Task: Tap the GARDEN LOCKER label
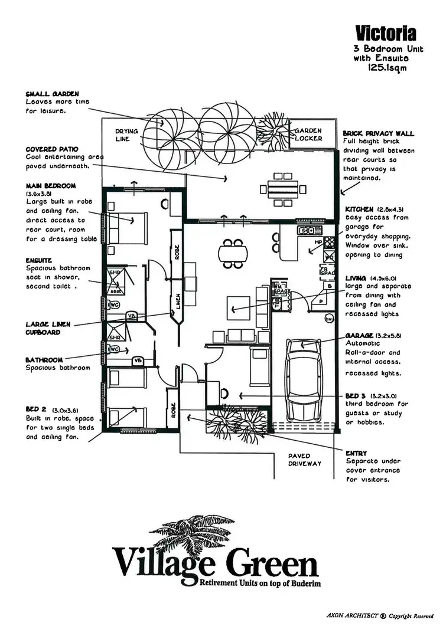309,135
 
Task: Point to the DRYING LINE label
126,135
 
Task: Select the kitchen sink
307,231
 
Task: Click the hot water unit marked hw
328,319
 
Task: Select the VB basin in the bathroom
138,360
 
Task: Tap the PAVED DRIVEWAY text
305,460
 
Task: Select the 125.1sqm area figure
387,68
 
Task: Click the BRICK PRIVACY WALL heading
379,134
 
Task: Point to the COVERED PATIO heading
51,150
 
